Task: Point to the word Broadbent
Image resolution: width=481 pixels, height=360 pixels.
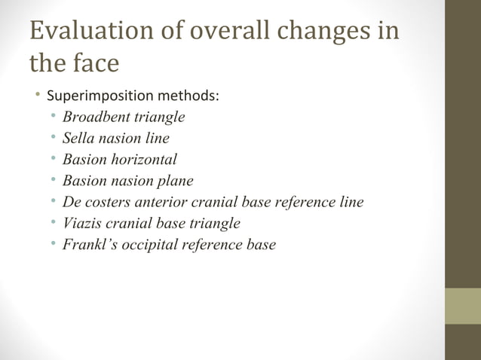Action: [96, 117]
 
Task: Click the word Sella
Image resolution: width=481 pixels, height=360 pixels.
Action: [76, 139]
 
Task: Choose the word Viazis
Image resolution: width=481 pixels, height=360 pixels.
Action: [80, 224]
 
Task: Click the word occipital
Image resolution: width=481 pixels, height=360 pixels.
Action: [144, 245]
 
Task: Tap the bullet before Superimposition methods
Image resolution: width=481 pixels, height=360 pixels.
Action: [36, 96]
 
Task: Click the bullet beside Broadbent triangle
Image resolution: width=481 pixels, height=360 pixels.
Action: [53, 117]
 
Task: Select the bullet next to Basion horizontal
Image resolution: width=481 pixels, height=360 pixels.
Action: [53, 160]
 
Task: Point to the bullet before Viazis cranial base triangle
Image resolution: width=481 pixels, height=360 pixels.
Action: [53, 224]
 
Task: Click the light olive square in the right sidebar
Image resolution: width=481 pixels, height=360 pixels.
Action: [462, 306]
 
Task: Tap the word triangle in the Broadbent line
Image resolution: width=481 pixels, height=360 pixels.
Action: [160, 117]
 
